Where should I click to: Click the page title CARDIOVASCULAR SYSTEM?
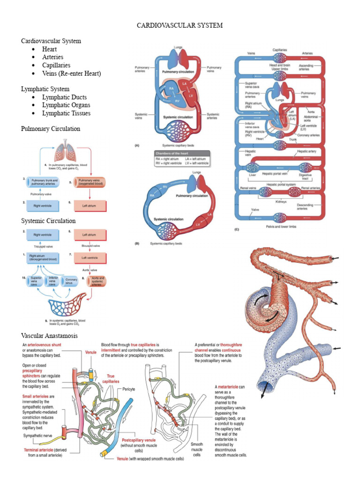(180, 25)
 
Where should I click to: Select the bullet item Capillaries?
(56, 65)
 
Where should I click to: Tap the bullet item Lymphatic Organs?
(66, 105)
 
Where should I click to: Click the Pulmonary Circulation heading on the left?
(51, 128)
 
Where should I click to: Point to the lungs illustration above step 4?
(65, 152)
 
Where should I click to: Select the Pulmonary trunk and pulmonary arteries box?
(43, 182)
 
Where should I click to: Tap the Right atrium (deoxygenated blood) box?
(44, 257)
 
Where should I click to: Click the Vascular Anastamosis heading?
(49, 336)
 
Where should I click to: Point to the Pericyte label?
(129, 389)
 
